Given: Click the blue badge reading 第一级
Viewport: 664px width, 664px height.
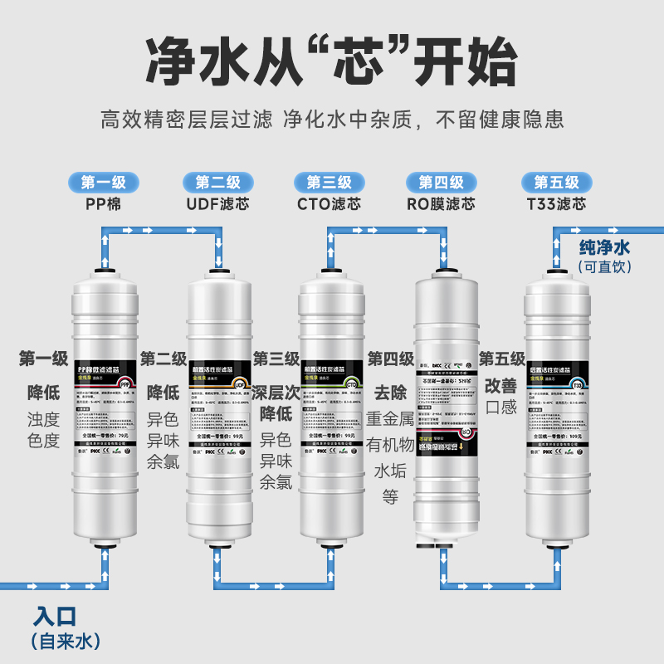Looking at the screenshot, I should [104, 183].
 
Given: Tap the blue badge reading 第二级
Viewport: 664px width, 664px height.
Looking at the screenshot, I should [218, 183].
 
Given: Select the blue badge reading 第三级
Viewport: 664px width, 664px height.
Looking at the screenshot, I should [329, 183].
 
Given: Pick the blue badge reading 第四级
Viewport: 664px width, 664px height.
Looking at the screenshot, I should [441, 183].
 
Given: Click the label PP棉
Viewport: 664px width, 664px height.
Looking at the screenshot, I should [104, 204].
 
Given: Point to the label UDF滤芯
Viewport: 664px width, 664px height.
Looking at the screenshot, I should [218, 204].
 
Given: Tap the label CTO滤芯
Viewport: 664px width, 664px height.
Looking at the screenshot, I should [329, 204].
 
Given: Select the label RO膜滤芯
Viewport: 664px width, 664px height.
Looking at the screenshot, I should [441, 204].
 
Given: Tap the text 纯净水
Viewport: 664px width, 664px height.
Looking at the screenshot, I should [604, 247].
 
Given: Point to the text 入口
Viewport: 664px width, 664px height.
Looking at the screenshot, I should [56, 617].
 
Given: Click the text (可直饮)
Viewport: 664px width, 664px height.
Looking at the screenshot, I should [604, 266].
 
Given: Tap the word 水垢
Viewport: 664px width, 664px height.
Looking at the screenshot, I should [390, 471].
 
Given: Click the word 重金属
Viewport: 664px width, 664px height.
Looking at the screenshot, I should [390, 420].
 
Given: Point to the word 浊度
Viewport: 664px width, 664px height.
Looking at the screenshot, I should [44, 418].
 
